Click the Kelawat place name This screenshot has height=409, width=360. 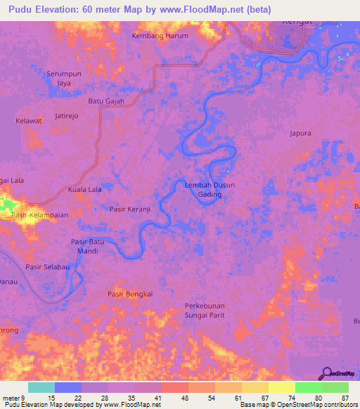pyautogui.click(x=29, y=121)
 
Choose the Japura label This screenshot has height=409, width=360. pyautogui.click(x=300, y=132)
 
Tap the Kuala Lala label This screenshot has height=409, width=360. pyautogui.click(x=84, y=190)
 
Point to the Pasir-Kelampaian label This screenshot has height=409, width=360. pyautogui.click(x=43, y=216)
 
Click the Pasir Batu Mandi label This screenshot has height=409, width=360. pyautogui.click(x=88, y=246)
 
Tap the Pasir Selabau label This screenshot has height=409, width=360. pyautogui.click(x=47, y=268)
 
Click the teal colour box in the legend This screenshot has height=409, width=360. pyautogui.click(x=41, y=387)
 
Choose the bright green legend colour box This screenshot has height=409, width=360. pyautogui.click(x=308, y=387)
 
